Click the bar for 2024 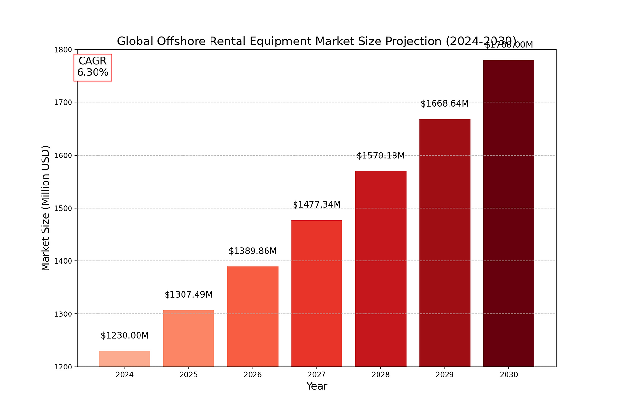(125, 358)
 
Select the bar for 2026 (253, 316)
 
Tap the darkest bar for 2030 (508, 213)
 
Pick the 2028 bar (380, 269)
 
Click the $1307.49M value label (188, 295)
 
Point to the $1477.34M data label (317, 205)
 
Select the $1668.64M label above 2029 (445, 104)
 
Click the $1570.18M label (380, 156)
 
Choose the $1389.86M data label (253, 251)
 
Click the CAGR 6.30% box (93, 67)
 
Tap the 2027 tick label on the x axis (317, 375)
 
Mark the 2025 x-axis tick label (188, 375)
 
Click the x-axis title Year (317, 386)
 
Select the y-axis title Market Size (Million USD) (45, 208)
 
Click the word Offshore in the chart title (178, 41)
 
